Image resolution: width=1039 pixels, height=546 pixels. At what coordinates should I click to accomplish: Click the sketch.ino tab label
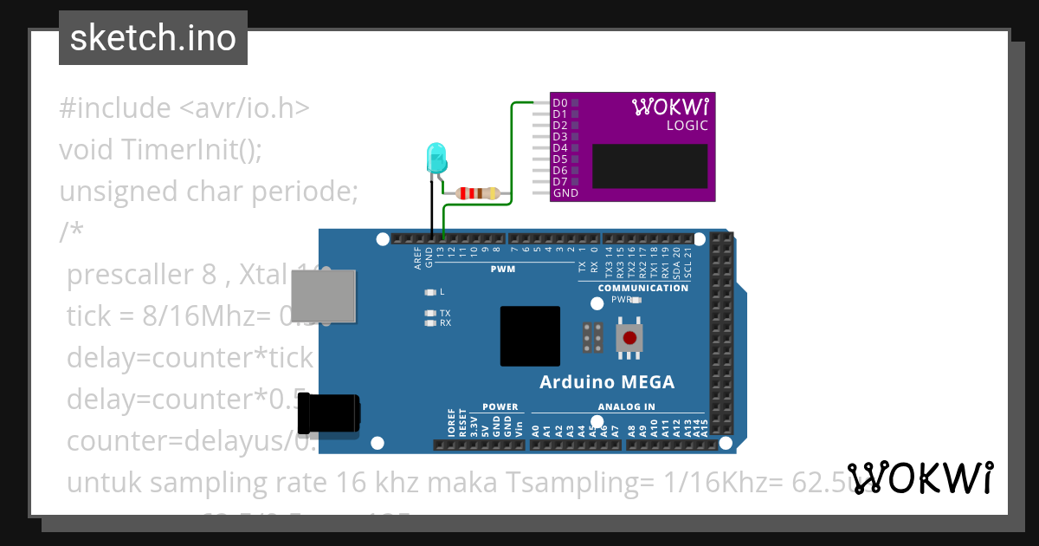pyautogui.click(x=152, y=38)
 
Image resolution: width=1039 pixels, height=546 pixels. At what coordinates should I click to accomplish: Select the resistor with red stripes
pyautogui.click(x=477, y=193)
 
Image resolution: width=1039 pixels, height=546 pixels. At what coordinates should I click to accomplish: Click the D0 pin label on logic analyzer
pyautogui.click(x=559, y=103)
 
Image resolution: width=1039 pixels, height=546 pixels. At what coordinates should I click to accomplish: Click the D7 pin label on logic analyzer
pyautogui.click(x=559, y=182)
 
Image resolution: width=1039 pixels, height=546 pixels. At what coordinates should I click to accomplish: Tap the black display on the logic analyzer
pyautogui.click(x=650, y=166)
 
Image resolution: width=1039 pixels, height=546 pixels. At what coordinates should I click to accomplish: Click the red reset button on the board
pyautogui.click(x=629, y=337)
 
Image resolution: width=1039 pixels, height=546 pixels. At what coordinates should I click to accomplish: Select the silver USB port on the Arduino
pyautogui.click(x=322, y=295)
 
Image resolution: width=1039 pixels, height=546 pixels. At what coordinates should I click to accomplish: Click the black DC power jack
pyautogui.click(x=329, y=413)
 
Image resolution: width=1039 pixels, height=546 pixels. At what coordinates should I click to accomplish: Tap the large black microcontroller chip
pyautogui.click(x=530, y=335)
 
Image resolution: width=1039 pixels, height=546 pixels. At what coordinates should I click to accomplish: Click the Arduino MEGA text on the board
pyautogui.click(x=606, y=382)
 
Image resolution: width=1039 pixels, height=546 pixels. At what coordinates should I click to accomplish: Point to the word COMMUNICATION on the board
pyautogui.click(x=643, y=288)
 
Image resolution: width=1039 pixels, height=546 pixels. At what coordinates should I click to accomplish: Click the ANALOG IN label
pyautogui.click(x=626, y=406)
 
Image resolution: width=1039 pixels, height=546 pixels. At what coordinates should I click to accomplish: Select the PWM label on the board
pyautogui.click(x=502, y=270)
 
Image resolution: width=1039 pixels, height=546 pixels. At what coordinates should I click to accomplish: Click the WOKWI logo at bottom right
pyautogui.click(x=920, y=478)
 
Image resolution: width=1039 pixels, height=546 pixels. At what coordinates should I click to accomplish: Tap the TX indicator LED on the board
pyautogui.click(x=430, y=313)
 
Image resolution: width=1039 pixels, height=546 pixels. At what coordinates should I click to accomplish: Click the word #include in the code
pyautogui.click(x=115, y=108)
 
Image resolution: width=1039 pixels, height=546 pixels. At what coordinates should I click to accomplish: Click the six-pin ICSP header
pyautogui.click(x=593, y=337)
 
